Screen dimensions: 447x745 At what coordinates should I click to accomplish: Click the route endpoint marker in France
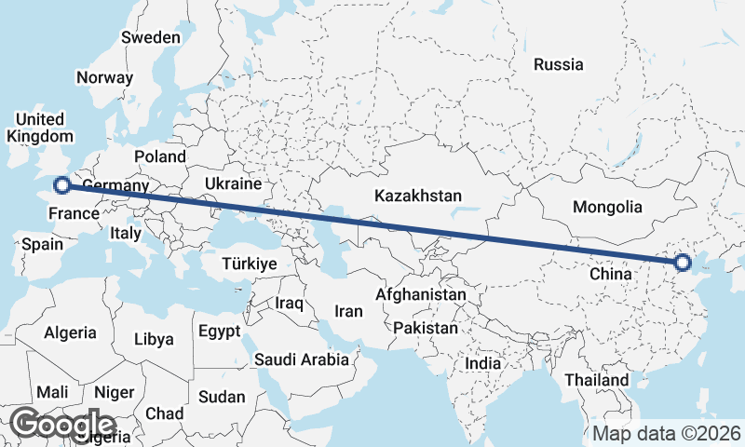tap(62, 185)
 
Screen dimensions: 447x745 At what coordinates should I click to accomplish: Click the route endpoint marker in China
tap(682, 263)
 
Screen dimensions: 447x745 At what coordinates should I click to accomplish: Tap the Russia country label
tap(559, 65)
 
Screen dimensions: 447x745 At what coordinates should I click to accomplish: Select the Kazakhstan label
tap(418, 196)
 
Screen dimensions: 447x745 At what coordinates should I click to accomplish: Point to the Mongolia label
tap(607, 207)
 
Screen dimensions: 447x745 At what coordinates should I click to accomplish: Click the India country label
tap(483, 364)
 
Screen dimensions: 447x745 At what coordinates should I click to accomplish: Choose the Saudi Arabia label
tap(302, 359)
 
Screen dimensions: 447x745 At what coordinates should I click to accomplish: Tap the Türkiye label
tap(250, 264)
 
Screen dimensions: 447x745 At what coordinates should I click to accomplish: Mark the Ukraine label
tap(232, 183)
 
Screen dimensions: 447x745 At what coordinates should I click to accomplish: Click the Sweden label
tap(151, 38)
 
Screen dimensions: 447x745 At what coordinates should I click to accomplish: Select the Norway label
tap(105, 78)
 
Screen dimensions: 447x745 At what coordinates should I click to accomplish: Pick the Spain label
tap(42, 245)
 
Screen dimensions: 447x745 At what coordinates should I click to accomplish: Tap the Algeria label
tap(71, 332)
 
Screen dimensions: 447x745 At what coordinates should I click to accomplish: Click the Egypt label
tap(220, 332)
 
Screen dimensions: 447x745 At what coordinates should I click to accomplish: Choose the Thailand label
tap(596, 380)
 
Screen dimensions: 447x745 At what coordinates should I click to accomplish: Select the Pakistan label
tap(426, 329)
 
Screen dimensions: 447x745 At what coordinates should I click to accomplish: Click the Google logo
tap(62, 425)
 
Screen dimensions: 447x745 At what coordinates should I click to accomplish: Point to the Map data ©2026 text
tap(666, 434)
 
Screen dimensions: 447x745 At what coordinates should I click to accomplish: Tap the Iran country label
tap(348, 311)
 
